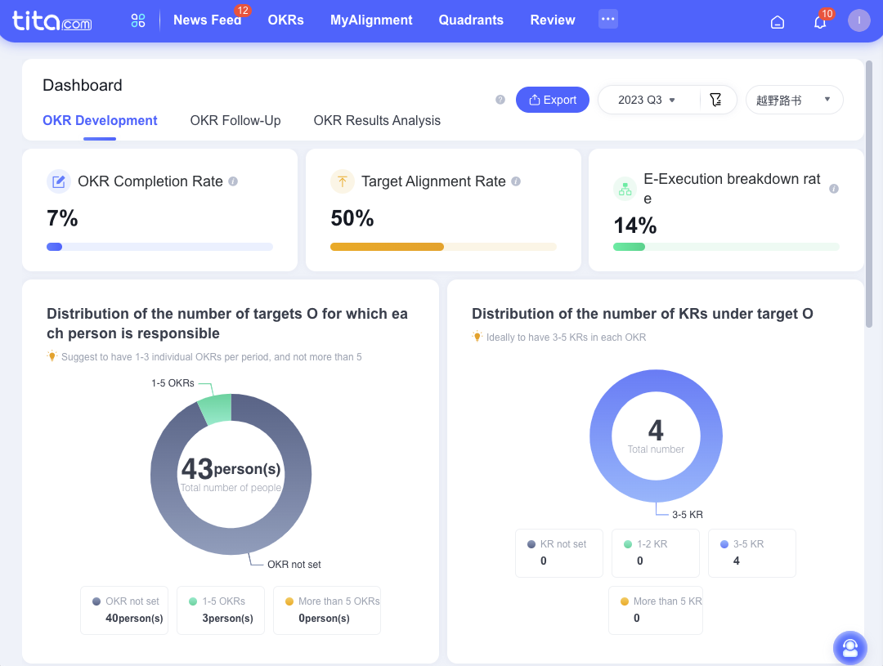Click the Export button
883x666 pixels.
coord(552,100)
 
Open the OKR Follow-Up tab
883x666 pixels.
coord(235,120)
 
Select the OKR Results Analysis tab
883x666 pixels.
coord(377,120)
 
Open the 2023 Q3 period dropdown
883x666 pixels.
coord(648,100)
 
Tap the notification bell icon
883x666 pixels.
coord(819,22)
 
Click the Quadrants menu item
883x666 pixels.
coord(471,20)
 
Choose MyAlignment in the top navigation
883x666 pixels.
coord(371,20)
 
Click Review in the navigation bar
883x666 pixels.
coord(553,20)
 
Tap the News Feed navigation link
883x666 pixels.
coord(207,20)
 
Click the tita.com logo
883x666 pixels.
coord(52,21)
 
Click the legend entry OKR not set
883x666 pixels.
coord(124,610)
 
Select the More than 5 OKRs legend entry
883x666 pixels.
coord(327,610)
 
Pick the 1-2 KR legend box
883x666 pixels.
coord(655,552)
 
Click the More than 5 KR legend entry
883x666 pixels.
coord(655,610)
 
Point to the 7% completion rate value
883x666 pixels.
coord(62,218)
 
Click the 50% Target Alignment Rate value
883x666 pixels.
coord(352,218)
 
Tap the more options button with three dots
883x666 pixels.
coord(607,19)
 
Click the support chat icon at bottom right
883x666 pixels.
coord(849,647)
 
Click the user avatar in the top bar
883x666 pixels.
coord(858,20)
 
